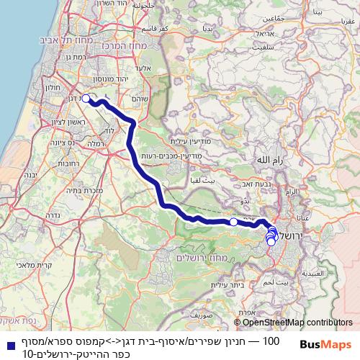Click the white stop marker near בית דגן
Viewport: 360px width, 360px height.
click(x=86, y=99)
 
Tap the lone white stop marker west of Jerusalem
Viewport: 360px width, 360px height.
click(x=233, y=222)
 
